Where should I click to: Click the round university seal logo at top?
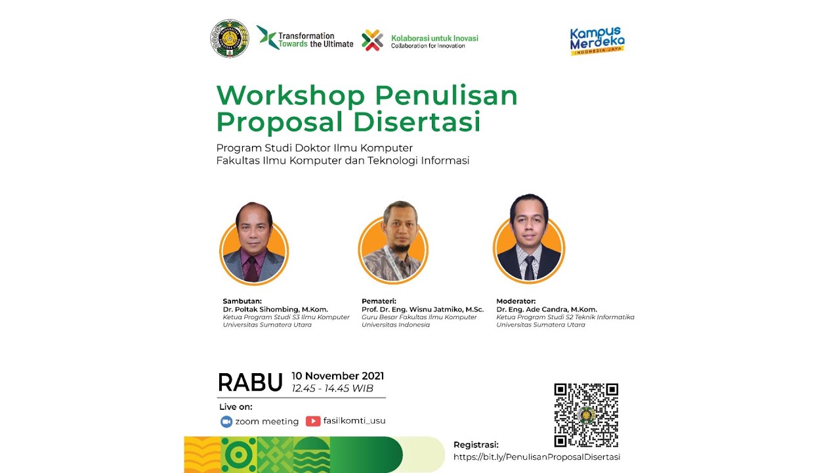click(230, 39)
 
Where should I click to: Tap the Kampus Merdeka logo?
click(597, 41)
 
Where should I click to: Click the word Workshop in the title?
click(291, 96)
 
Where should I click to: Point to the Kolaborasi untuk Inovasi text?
click(434, 38)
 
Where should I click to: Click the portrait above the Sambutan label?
click(254, 245)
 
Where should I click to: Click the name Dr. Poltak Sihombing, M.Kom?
click(276, 309)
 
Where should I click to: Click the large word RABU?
click(250, 382)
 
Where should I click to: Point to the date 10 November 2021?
click(338, 376)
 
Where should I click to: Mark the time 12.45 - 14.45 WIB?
click(333, 388)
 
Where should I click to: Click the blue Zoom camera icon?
click(226, 422)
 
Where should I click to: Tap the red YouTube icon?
click(313, 421)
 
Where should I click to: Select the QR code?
click(586, 415)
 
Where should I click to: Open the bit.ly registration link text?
click(537, 457)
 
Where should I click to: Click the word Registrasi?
click(476, 445)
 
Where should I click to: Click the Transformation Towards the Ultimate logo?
click(304, 39)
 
